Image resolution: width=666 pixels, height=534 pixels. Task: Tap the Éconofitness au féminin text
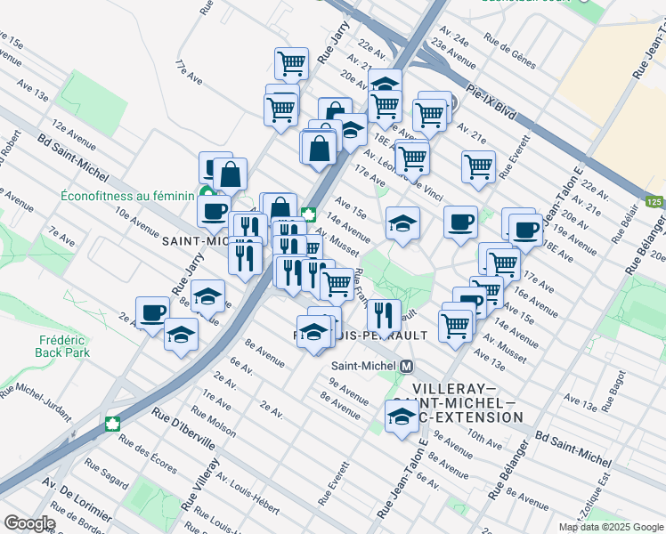point(127,196)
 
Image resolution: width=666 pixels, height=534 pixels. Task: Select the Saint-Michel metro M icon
point(407,366)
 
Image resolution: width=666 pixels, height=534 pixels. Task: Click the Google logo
point(28,523)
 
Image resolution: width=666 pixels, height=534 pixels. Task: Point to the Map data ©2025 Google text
point(610,527)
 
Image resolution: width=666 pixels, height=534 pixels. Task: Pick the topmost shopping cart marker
point(291,62)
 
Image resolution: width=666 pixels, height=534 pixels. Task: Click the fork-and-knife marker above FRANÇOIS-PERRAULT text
point(384,313)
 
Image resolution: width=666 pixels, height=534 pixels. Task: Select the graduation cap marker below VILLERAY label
point(402,416)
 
